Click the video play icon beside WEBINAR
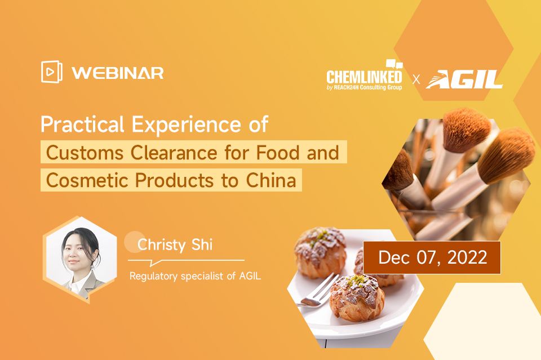52,72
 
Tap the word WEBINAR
118,73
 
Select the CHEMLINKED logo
365,75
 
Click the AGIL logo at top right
464,79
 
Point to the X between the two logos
416,79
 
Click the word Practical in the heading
82,124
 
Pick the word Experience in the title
187,125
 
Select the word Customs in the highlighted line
85,153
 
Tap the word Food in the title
278,153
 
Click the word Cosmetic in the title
87,180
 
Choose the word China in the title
271,180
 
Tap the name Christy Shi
175,245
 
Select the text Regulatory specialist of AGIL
196,276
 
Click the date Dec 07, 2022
433,257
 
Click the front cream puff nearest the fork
357,298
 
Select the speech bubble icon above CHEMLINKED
394,64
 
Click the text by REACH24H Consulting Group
365,87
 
